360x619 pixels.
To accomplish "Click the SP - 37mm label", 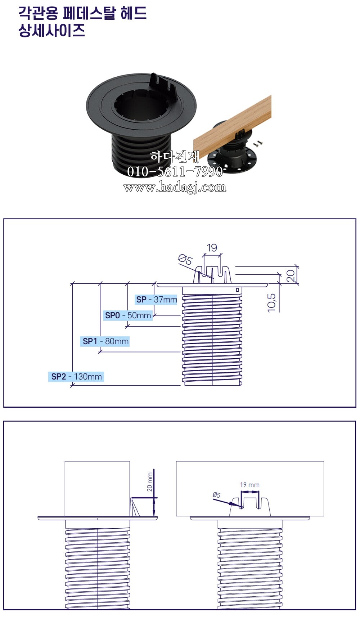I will (x=157, y=299).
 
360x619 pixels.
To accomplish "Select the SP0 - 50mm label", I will (x=128, y=315).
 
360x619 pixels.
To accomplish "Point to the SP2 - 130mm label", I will (x=76, y=377).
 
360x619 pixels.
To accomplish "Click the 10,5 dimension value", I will (x=272, y=302).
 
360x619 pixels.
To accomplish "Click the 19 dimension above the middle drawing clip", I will (x=212, y=248).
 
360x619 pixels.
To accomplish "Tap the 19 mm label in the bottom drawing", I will (x=250, y=485).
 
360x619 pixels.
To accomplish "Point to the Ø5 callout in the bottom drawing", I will (x=216, y=495).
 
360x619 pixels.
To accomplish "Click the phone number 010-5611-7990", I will (x=175, y=171).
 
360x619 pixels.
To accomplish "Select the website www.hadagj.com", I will (x=175, y=187).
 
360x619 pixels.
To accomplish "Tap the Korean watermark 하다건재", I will (x=175, y=157).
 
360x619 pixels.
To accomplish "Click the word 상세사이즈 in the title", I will (x=52, y=31).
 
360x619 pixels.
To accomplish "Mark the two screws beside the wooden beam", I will (x=258, y=144).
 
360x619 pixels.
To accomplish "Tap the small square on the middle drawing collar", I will (x=238, y=290).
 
